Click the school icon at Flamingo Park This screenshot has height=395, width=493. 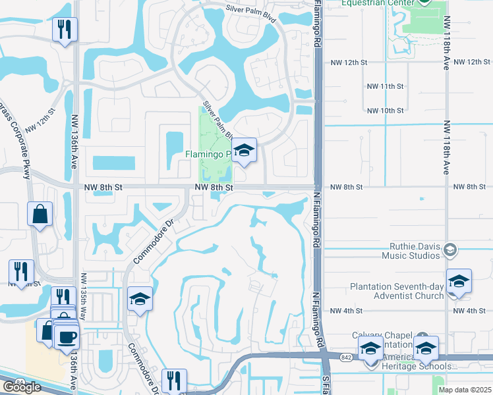coord(244,151)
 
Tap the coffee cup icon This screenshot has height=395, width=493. coord(66,338)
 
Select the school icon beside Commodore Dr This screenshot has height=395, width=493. coord(140,300)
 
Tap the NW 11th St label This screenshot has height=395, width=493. coord(384,86)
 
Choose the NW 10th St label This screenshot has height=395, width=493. coord(384,111)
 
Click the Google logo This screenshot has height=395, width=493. coord(21,386)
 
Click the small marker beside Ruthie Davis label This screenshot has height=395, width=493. coord(450,250)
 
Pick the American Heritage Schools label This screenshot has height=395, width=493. coord(422,366)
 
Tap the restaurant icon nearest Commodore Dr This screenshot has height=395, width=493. coord(174,381)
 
